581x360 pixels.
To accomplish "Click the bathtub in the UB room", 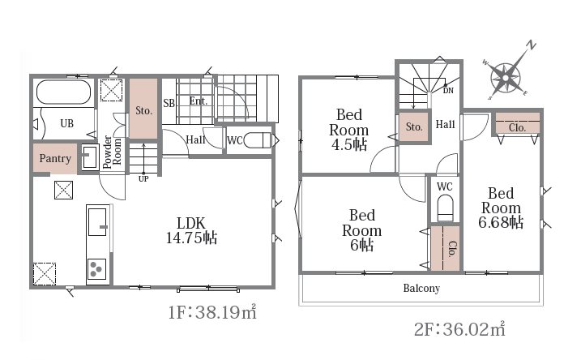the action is pyautogui.click(x=64, y=92).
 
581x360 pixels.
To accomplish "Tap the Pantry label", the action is pyautogui.click(x=55, y=159).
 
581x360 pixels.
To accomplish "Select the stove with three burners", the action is pyautogui.click(x=96, y=269).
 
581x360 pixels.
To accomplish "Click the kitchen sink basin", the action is pyautogui.click(x=97, y=221).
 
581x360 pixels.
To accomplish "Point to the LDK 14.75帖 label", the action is pyautogui.click(x=191, y=230).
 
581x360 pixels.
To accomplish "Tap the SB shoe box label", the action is pyautogui.click(x=169, y=103).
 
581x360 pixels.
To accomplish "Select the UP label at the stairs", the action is pyautogui.click(x=143, y=178).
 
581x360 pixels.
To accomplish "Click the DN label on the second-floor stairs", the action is pyautogui.click(x=448, y=91).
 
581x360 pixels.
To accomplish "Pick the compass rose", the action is pyautogui.click(x=505, y=78).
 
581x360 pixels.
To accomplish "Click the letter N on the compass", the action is pyautogui.click(x=532, y=45).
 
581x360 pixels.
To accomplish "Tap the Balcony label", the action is pyautogui.click(x=421, y=288).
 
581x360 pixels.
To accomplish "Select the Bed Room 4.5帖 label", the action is pyautogui.click(x=349, y=130).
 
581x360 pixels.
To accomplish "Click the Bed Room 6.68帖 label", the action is pyautogui.click(x=501, y=208).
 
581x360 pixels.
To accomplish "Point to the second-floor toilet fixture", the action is pyautogui.click(x=445, y=208).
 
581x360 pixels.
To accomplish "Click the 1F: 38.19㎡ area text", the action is pyautogui.click(x=212, y=312).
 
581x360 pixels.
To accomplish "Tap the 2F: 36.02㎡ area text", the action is pyautogui.click(x=459, y=329).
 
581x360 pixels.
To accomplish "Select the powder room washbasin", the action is pyautogui.click(x=89, y=156).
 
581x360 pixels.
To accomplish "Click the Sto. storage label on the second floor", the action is pyautogui.click(x=414, y=126).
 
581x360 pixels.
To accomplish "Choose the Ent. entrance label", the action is pyautogui.click(x=199, y=101).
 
